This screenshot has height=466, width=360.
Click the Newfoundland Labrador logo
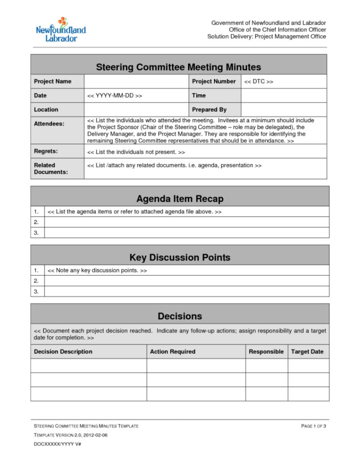click(61, 30)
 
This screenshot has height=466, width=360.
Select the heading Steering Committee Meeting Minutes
click(178, 67)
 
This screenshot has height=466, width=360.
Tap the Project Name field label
click(52, 82)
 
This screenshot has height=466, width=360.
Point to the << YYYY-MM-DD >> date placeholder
click(114, 96)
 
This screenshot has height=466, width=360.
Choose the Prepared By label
click(209, 110)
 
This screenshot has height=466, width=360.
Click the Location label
click(46, 110)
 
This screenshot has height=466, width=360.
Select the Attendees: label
click(49, 124)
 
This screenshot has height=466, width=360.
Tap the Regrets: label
click(46, 151)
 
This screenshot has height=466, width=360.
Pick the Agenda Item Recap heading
click(180, 198)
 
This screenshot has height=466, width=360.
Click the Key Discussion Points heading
click(180, 258)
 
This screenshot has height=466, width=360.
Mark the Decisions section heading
click(180, 316)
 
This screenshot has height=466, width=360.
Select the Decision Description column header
click(63, 352)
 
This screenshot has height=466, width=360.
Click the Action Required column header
click(173, 352)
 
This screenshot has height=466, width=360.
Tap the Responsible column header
click(266, 352)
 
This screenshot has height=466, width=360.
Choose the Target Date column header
click(307, 352)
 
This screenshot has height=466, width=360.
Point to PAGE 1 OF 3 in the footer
click(313, 426)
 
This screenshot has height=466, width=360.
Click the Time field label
click(199, 96)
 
